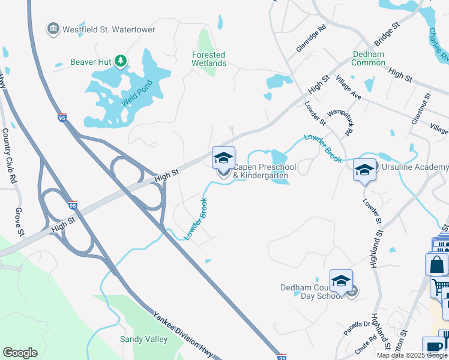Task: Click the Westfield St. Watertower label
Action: pos(107,29)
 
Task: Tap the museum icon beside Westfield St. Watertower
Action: pos(53,29)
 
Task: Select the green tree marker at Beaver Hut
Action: pos(121,61)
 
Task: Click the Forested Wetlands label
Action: pos(209,59)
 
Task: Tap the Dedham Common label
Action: pos(368,58)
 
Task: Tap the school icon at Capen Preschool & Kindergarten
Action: pos(223,159)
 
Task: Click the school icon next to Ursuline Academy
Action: pos(364,170)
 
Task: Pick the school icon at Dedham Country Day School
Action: pos(340,281)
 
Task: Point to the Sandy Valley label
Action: pos(144,339)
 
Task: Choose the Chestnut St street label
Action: pos(420,109)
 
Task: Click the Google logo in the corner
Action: pos(20,353)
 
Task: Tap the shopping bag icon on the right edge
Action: pos(436,264)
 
